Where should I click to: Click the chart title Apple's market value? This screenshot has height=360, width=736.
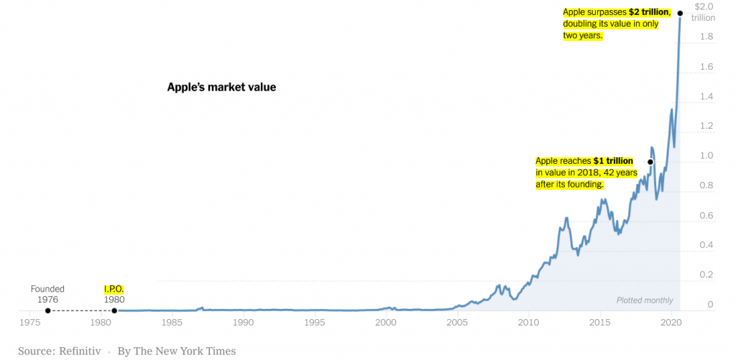point(221,87)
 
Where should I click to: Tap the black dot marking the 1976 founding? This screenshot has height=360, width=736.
point(47,310)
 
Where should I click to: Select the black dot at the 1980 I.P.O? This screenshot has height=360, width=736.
point(114,310)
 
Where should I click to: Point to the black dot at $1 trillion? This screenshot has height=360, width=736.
point(650,162)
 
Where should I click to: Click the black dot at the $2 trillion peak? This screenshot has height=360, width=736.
point(680,13)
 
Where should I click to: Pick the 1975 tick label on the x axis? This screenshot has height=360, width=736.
point(30,323)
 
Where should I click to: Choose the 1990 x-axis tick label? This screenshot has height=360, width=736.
point(244,323)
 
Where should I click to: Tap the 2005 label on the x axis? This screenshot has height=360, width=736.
point(457,323)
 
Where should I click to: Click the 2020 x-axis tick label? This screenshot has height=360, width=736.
point(671,323)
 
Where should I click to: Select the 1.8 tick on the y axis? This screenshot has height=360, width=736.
point(707,37)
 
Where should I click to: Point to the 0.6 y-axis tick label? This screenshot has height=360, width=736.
point(707,216)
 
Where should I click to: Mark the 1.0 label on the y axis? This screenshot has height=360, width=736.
point(707,156)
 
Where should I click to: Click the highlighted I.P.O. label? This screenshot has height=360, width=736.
point(114,289)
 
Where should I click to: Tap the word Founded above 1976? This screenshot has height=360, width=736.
point(47,289)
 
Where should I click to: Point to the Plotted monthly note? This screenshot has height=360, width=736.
point(645,300)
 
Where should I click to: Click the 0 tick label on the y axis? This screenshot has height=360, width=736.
point(710,305)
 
